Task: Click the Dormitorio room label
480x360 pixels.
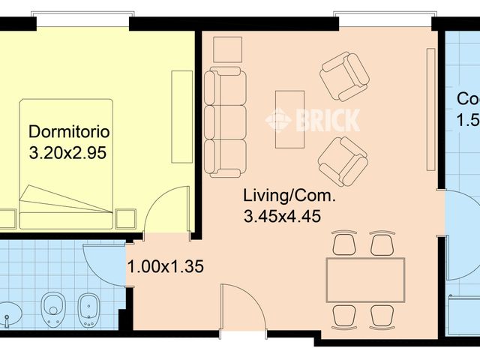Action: [x=69, y=132]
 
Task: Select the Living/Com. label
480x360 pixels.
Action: [x=289, y=197]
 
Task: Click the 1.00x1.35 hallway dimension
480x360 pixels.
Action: [x=166, y=266]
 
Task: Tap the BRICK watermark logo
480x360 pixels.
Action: [x=313, y=119]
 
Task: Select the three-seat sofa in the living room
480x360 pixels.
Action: [x=225, y=122]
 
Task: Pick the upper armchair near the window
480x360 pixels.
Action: [x=344, y=76]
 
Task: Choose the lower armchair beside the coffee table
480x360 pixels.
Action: [x=343, y=160]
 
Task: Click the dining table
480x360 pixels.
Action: [x=365, y=280]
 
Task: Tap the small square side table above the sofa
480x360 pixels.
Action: [x=227, y=49]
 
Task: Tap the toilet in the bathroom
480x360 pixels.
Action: [x=53, y=308]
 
